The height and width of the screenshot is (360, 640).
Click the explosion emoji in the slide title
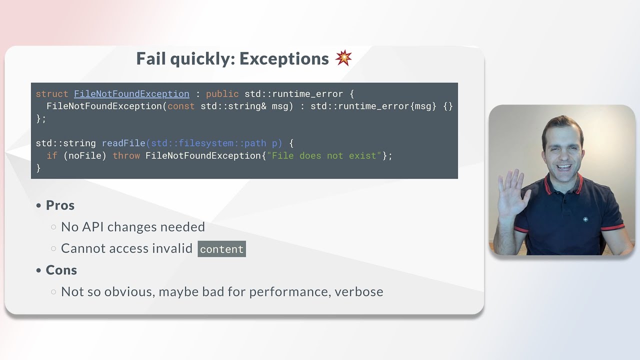pyautogui.click(x=343, y=58)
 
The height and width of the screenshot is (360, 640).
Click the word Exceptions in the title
pyautogui.click(x=284, y=59)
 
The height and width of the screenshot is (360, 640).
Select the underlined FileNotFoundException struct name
pyautogui.click(x=131, y=94)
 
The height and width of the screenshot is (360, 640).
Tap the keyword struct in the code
pyautogui.click(x=52, y=94)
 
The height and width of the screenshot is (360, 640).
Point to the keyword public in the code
pyautogui.click(x=222, y=94)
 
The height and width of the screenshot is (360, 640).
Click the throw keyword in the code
pyautogui.click(x=126, y=155)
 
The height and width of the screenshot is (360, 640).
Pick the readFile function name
pyautogui.click(x=123, y=143)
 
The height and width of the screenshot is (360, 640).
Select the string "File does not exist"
pyautogui.click(x=324, y=155)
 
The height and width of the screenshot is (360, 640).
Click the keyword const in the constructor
pyautogui.click(x=181, y=106)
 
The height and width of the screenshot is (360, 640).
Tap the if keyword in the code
pyautogui.click(x=52, y=155)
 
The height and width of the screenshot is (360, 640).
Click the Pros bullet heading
pyautogui.click(x=60, y=205)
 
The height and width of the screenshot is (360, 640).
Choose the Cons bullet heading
pyautogui.click(x=61, y=270)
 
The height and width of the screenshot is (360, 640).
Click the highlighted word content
pyautogui.click(x=221, y=249)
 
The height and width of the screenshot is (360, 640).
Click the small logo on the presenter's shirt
pyautogui.click(x=585, y=219)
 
